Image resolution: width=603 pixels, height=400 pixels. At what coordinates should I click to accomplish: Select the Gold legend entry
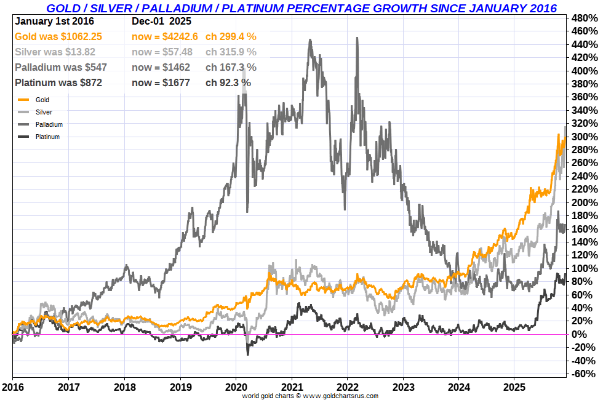(42, 100)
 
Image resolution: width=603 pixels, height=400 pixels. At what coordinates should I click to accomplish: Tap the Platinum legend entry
(47, 137)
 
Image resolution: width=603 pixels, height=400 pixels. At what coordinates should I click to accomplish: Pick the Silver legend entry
(44, 112)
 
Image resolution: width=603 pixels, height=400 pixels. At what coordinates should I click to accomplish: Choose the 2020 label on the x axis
(236, 388)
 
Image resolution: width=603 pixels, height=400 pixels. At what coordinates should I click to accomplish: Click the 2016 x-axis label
(13, 388)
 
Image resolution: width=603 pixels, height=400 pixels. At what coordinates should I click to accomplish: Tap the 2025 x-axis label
(515, 388)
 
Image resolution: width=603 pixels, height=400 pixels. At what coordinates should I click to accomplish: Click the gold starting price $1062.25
(81, 36)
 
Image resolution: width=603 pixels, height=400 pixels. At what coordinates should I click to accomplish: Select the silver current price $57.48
(179, 52)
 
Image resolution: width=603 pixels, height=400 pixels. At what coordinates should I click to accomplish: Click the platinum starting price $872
(91, 82)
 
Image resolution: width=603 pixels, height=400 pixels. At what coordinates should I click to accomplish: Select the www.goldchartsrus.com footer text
(340, 396)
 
